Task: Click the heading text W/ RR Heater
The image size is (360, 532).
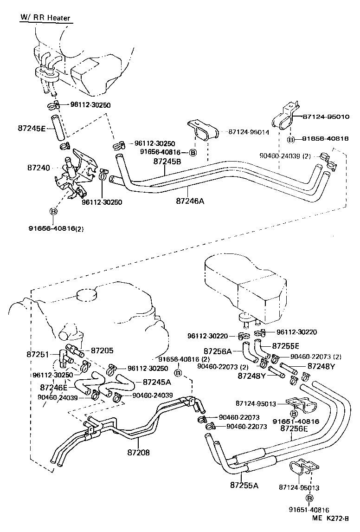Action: pyautogui.click(x=45, y=18)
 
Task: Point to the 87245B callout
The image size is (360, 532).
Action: pyautogui.click(x=167, y=162)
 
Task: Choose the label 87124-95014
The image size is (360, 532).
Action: pyautogui.click(x=249, y=132)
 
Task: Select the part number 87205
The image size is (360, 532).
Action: pyautogui.click(x=102, y=351)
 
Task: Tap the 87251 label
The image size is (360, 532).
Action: pyautogui.click(x=38, y=354)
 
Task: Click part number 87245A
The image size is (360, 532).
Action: pyautogui.click(x=157, y=383)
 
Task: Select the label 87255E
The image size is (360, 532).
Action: pyautogui.click(x=286, y=346)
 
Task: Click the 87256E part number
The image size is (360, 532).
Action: pyautogui.click(x=294, y=428)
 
